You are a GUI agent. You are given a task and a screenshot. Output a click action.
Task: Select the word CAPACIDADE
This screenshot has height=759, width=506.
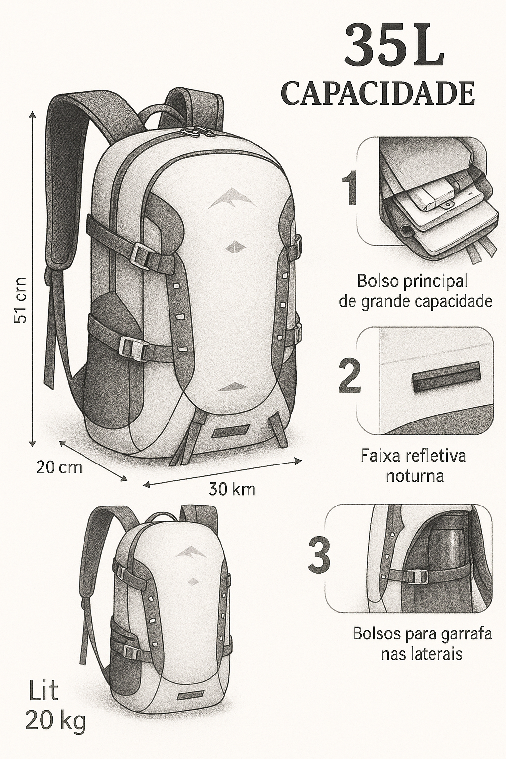pos(378,93)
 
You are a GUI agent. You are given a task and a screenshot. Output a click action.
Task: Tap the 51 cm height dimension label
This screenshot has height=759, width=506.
pos(21,300)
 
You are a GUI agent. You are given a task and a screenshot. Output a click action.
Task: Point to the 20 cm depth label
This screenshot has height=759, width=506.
pos(59,468)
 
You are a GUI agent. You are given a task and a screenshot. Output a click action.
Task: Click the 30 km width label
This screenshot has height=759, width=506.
pos(232,489)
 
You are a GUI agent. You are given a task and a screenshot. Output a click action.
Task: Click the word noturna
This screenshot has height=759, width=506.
pos(415,476)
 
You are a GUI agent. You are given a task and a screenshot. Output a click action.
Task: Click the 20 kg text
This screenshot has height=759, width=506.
pos(55,723)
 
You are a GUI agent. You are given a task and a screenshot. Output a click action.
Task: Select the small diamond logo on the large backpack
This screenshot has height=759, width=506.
pos(234,247)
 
